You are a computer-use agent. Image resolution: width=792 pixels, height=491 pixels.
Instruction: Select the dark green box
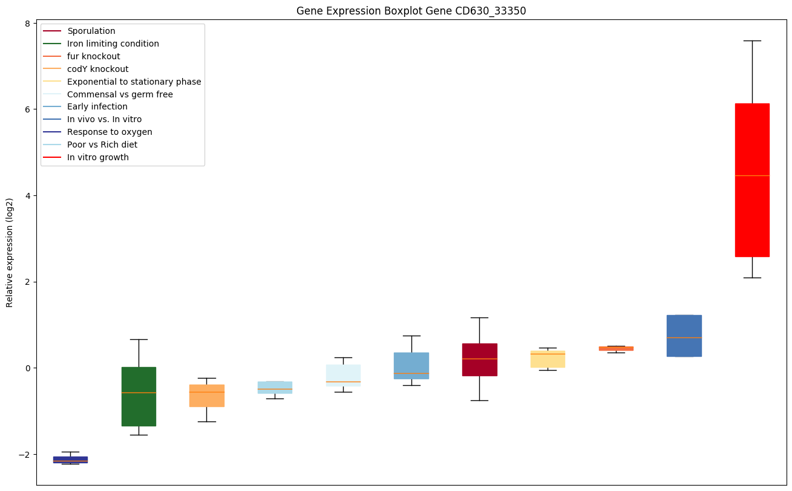139,396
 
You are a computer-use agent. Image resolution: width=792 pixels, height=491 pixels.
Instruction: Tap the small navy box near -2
70,460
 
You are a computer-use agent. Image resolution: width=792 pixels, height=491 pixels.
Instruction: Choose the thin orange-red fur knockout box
616,348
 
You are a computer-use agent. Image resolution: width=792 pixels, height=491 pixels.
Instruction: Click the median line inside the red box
751,175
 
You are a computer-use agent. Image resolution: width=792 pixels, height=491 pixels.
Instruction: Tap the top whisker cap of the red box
751,41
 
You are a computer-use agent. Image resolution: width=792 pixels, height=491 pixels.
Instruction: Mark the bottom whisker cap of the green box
139,435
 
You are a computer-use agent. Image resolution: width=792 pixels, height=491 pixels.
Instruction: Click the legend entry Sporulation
91,31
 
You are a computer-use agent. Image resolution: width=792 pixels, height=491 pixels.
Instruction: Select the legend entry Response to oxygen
110,132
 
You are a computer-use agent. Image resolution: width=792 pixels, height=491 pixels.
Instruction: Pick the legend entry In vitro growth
98,157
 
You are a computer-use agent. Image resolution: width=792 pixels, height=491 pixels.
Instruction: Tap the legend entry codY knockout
98,69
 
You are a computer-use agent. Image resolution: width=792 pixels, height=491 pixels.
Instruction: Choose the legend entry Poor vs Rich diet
102,145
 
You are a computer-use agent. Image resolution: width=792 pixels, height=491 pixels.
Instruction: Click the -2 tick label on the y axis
25,454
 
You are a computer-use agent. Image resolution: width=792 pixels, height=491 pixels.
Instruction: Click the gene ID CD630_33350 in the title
481,11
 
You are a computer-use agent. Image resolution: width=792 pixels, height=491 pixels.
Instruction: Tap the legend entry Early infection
97,106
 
